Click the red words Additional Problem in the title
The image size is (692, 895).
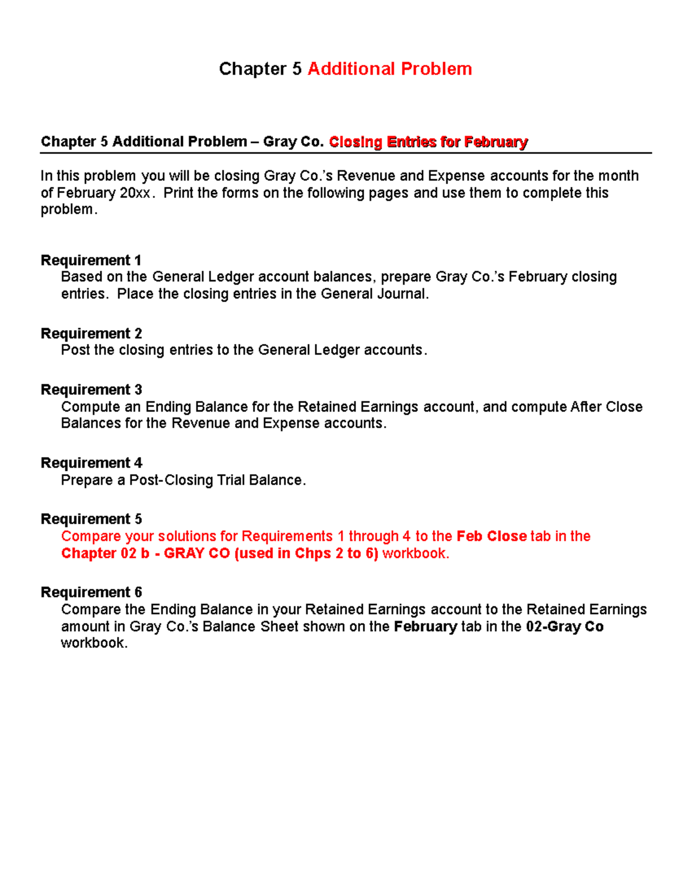click(390, 69)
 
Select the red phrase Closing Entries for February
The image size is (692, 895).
click(428, 142)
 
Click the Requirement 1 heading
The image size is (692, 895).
click(91, 260)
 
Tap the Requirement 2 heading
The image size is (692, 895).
click(91, 334)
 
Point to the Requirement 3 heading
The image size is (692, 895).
click(91, 390)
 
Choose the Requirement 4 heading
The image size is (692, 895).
click(91, 463)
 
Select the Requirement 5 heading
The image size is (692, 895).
click(91, 519)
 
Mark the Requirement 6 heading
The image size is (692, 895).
click(91, 592)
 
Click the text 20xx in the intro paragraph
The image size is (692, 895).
click(136, 193)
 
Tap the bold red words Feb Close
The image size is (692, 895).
click(491, 537)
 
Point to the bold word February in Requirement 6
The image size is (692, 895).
click(426, 626)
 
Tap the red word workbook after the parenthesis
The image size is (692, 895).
click(415, 554)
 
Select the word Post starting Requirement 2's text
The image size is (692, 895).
click(76, 350)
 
